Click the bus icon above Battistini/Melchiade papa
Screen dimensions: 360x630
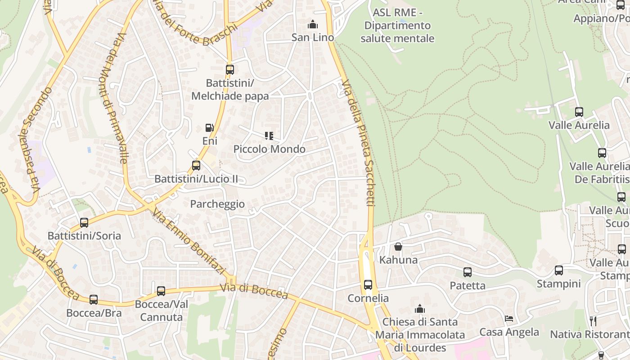click(x=229, y=70)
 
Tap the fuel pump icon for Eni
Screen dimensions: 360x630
click(x=209, y=128)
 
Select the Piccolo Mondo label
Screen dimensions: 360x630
click(x=269, y=149)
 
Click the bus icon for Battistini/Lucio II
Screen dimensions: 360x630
click(x=196, y=165)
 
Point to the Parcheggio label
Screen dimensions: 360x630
click(x=217, y=204)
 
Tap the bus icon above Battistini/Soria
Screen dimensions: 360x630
click(x=84, y=222)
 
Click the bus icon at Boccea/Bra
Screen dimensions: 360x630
click(x=94, y=299)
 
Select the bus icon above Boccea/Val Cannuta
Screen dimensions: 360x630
click(x=161, y=291)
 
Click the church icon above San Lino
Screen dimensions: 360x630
click(x=312, y=24)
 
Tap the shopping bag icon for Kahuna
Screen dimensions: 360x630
click(x=398, y=247)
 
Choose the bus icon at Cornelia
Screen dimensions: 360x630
click(x=368, y=284)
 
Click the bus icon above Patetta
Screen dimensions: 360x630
click(x=468, y=272)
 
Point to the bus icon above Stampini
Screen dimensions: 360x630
click(x=558, y=270)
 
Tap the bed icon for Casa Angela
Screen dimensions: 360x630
click(x=509, y=319)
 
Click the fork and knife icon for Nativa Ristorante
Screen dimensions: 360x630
click(x=593, y=321)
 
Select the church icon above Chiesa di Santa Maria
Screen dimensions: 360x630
click(x=420, y=309)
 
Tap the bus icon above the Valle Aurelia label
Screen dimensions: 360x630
click(x=579, y=112)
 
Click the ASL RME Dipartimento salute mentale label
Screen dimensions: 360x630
click(x=397, y=26)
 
